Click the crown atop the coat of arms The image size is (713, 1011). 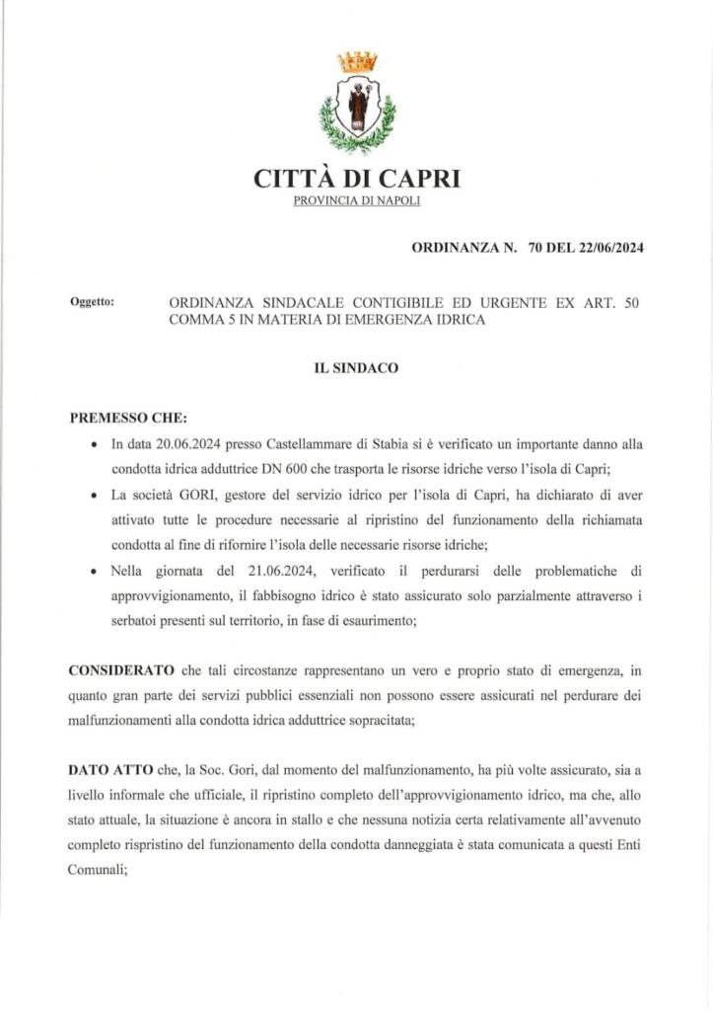point(357,61)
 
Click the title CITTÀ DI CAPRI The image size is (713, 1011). point(356,180)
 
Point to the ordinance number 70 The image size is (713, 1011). point(536,250)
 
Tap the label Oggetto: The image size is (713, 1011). point(94,301)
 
